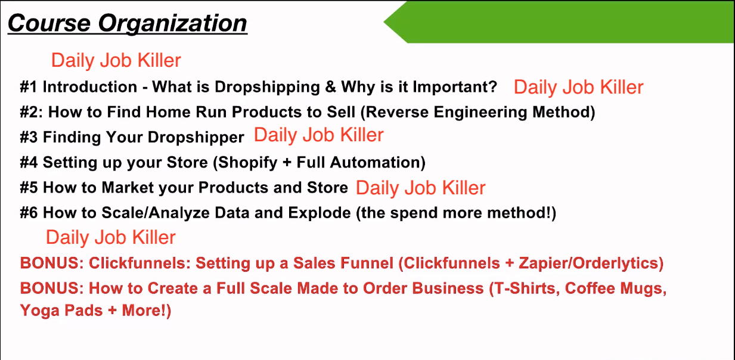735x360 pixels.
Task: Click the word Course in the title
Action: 49,23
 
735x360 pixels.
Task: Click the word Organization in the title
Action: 173,24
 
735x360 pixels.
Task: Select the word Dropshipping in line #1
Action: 268,88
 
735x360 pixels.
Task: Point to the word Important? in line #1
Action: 455,87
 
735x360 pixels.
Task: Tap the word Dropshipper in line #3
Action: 196,138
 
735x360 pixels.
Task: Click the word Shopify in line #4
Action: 247,163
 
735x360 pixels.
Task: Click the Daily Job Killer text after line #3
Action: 318,135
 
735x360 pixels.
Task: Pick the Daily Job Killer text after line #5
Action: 420,188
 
